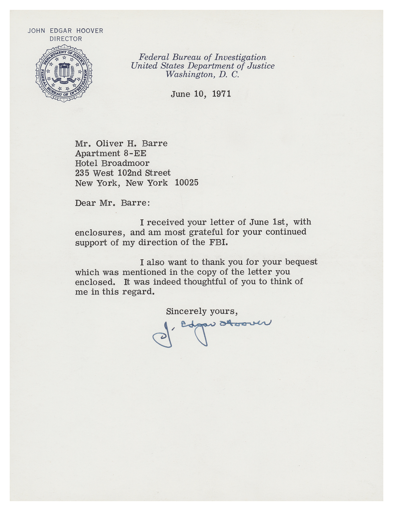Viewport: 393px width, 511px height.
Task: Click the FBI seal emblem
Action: coord(64,73)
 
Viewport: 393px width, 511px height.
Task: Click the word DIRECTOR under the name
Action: coord(66,39)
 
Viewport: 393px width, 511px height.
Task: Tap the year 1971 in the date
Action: coord(222,94)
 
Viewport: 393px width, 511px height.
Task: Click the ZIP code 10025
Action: coord(187,183)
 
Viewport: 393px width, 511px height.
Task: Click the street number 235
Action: coord(82,173)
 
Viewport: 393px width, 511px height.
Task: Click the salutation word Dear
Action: coord(86,203)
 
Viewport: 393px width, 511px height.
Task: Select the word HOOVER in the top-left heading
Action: coord(90,31)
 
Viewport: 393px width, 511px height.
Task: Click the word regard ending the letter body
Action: coord(138,292)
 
